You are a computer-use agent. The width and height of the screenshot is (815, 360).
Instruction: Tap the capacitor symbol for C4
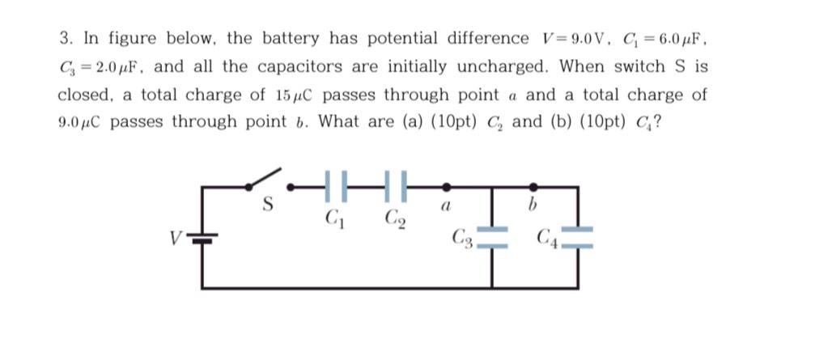pyautogui.click(x=576, y=235)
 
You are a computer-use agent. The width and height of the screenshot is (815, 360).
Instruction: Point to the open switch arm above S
pyautogui.click(x=267, y=176)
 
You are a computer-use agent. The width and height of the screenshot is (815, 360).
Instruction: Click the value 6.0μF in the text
pyautogui.click(x=675, y=38)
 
